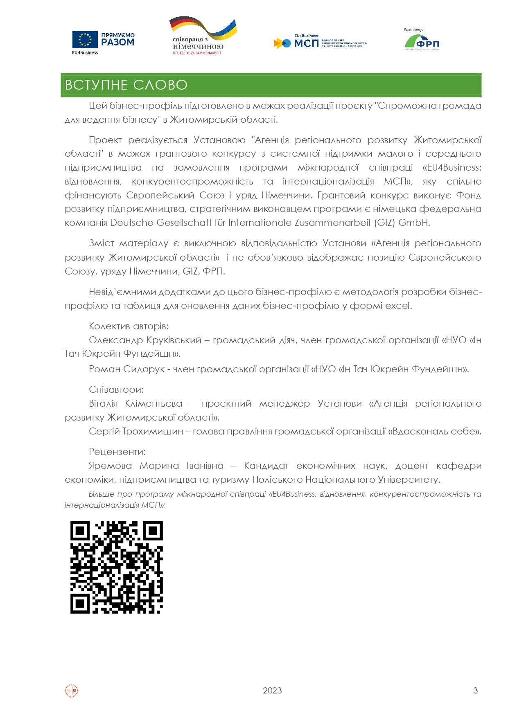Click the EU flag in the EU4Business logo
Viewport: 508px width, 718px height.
pyautogui.click(x=85, y=40)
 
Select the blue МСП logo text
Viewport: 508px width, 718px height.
pyautogui.click(x=306, y=43)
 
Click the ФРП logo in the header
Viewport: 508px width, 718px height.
pyautogui.click(x=422, y=42)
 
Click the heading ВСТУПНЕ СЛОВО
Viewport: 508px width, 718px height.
pyautogui.click(x=126, y=85)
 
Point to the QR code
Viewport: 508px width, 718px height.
pyautogui.click(x=117, y=567)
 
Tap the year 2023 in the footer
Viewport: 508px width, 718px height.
pyautogui.click(x=272, y=691)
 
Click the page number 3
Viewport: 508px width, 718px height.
pyautogui.click(x=475, y=691)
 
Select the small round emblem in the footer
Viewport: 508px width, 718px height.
pyautogui.click(x=72, y=691)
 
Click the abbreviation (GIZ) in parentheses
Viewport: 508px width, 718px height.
pyautogui.click(x=385, y=223)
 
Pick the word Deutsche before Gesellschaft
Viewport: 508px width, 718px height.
pyautogui.click(x=128, y=223)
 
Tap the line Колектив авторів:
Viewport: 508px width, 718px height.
pyautogui.click(x=129, y=326)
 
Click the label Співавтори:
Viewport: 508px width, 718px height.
pyautogui.click(x=116, y=389)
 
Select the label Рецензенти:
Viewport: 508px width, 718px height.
pyautogui.click(x=117, y=452)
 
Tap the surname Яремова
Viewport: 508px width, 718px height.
pyautogui.click(x=110, y=466)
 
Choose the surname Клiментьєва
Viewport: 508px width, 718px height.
pyautogui.click(x=154, y=403)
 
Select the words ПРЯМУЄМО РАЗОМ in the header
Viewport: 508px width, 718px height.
pyautogui.click(x=118, y=39)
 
